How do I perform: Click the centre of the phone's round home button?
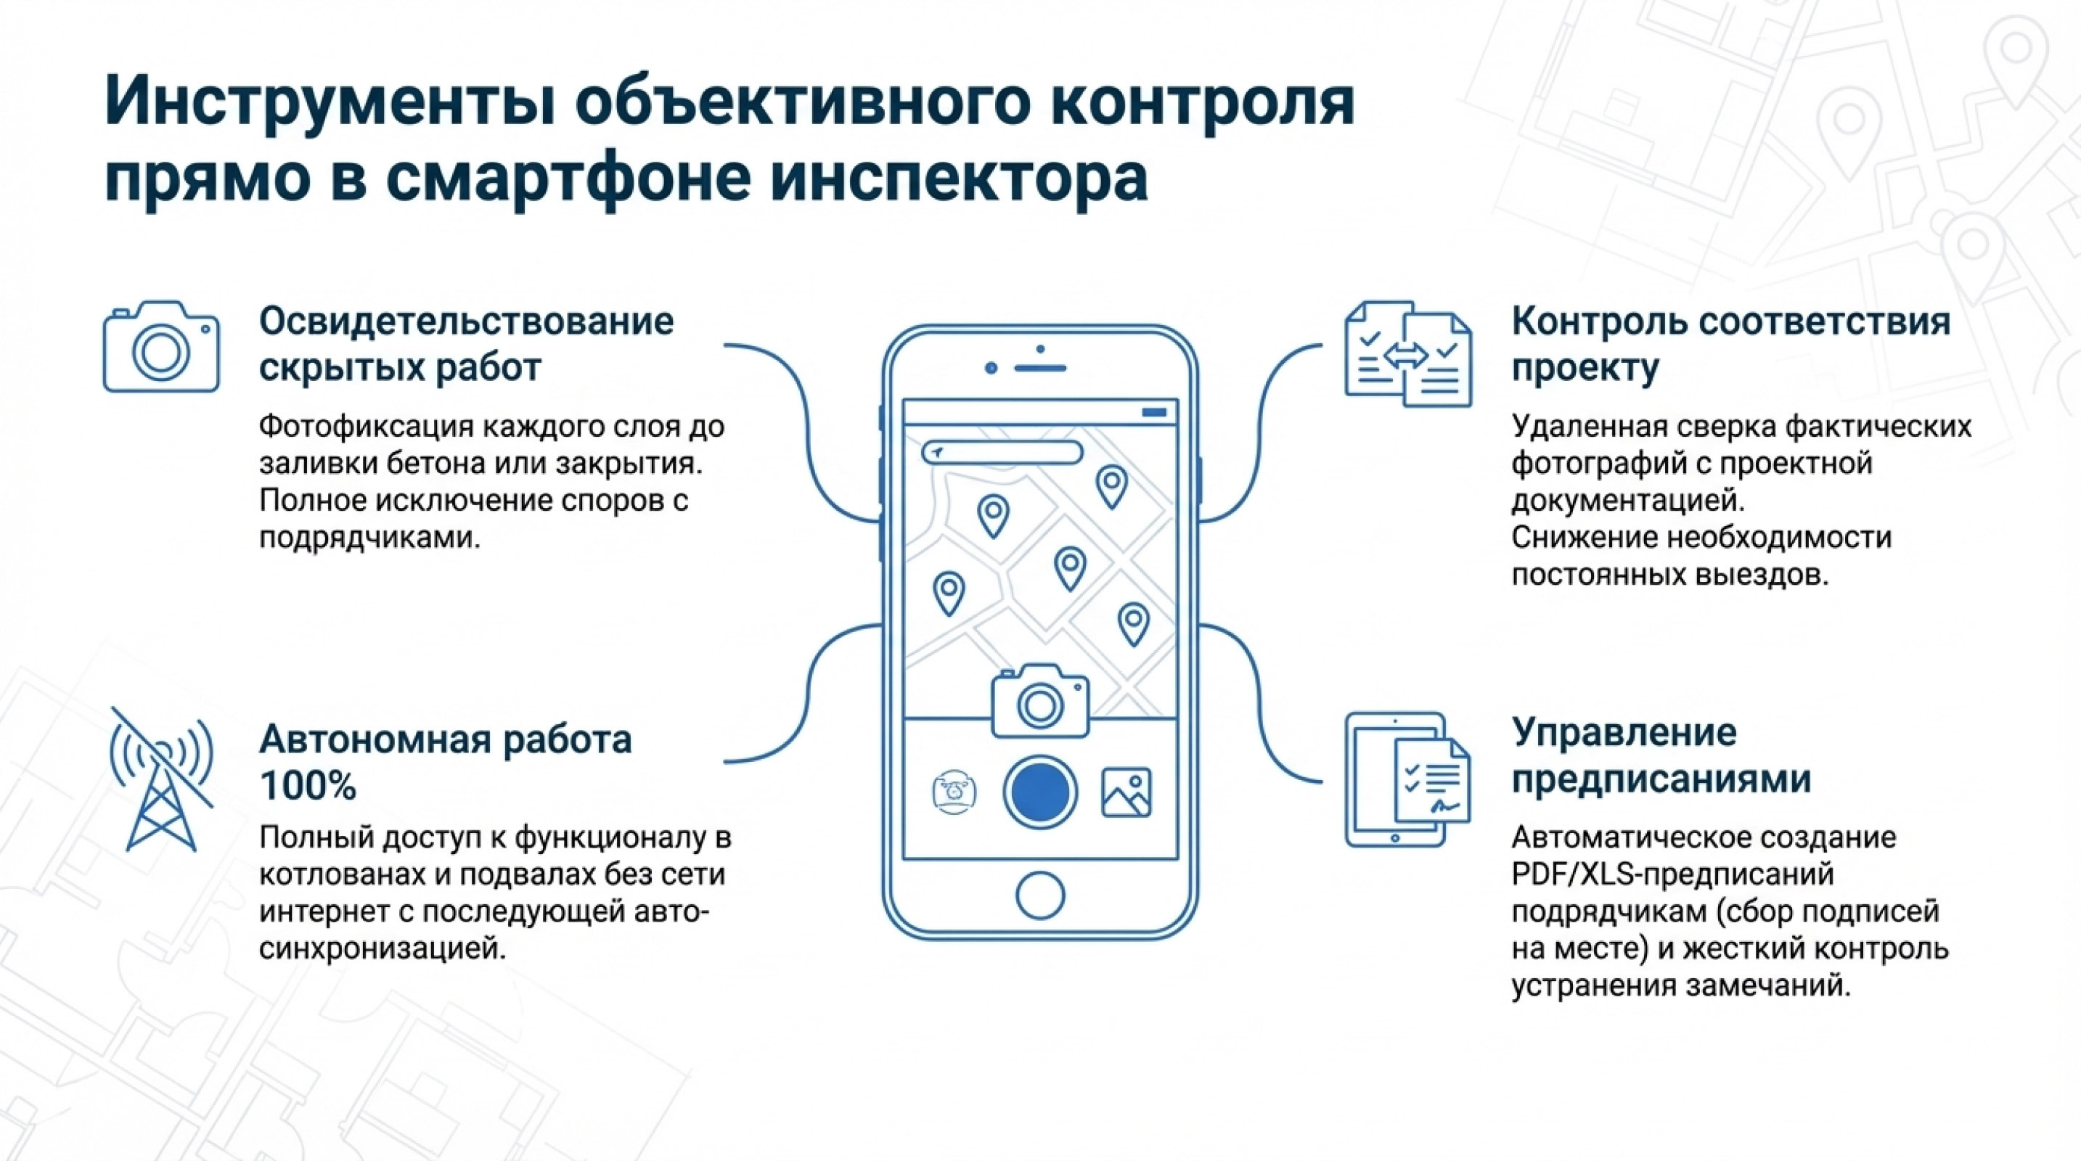[1039, 895]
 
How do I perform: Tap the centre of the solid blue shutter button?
[1039, 792]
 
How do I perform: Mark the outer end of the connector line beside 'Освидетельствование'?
[724, 345]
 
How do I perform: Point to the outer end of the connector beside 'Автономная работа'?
[724, 761]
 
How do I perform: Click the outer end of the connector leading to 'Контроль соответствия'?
[1322, 345]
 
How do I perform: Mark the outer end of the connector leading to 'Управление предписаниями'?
[1322, 781]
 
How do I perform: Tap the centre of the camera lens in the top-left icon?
[160, 352]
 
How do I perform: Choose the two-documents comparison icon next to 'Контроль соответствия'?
[1408, 353]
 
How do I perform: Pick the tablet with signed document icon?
[1407, 779]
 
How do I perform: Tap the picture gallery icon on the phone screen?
[1126, 792]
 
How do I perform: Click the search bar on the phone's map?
[1002, 452]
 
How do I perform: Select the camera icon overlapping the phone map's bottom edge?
[1039, 701]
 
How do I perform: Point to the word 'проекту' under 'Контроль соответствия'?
[1585, 367]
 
